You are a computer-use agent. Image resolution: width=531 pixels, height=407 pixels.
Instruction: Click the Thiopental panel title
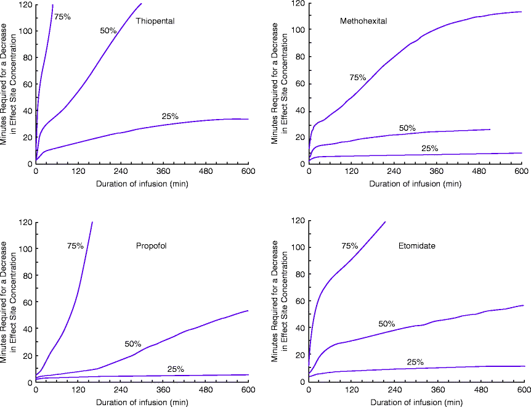pyautogui.click(x=155, y=21)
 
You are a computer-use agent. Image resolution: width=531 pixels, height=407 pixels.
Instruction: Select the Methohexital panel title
pyautogui.click(x=363, y=21)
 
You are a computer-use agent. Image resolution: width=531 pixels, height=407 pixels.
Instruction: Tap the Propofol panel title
pyautogui.click(x=152, y=246)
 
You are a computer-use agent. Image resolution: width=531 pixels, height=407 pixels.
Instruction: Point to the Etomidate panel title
pyautogui.click(x=417, y=245)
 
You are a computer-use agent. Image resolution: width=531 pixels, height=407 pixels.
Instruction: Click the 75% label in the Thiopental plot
pyautogui.click(x=62, y=17)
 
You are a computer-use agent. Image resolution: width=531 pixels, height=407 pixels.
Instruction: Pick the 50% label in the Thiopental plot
pyautogui.click(x=108, y=30)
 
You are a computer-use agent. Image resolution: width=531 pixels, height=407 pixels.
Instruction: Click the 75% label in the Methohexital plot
pyautogui.click(x=358, y=78)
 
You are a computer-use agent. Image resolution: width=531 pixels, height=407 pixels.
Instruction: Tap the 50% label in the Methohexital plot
pyautogui.click(x=407, y=128)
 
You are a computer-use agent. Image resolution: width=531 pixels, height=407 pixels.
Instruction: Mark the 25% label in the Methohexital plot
pyautogui.click(x=429, y=149)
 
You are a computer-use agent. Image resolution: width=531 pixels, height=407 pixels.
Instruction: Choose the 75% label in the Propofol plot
pyautogui.click(x=75, y=246)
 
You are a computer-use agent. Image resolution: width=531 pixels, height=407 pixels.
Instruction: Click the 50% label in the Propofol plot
pyautogui.click(x=133, y=343)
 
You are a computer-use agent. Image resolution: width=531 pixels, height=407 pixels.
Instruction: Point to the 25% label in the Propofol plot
pyautogui.click(x=176, y=369)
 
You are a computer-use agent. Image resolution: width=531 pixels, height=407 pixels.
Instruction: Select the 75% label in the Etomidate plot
pyautogui.click(x=349, y=246)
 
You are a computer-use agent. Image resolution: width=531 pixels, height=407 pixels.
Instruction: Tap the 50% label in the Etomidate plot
pyautogui.click(x=387, y=324)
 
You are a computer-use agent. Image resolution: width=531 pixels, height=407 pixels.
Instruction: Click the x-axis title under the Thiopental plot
pyautogui.click(x=142, y=183)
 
